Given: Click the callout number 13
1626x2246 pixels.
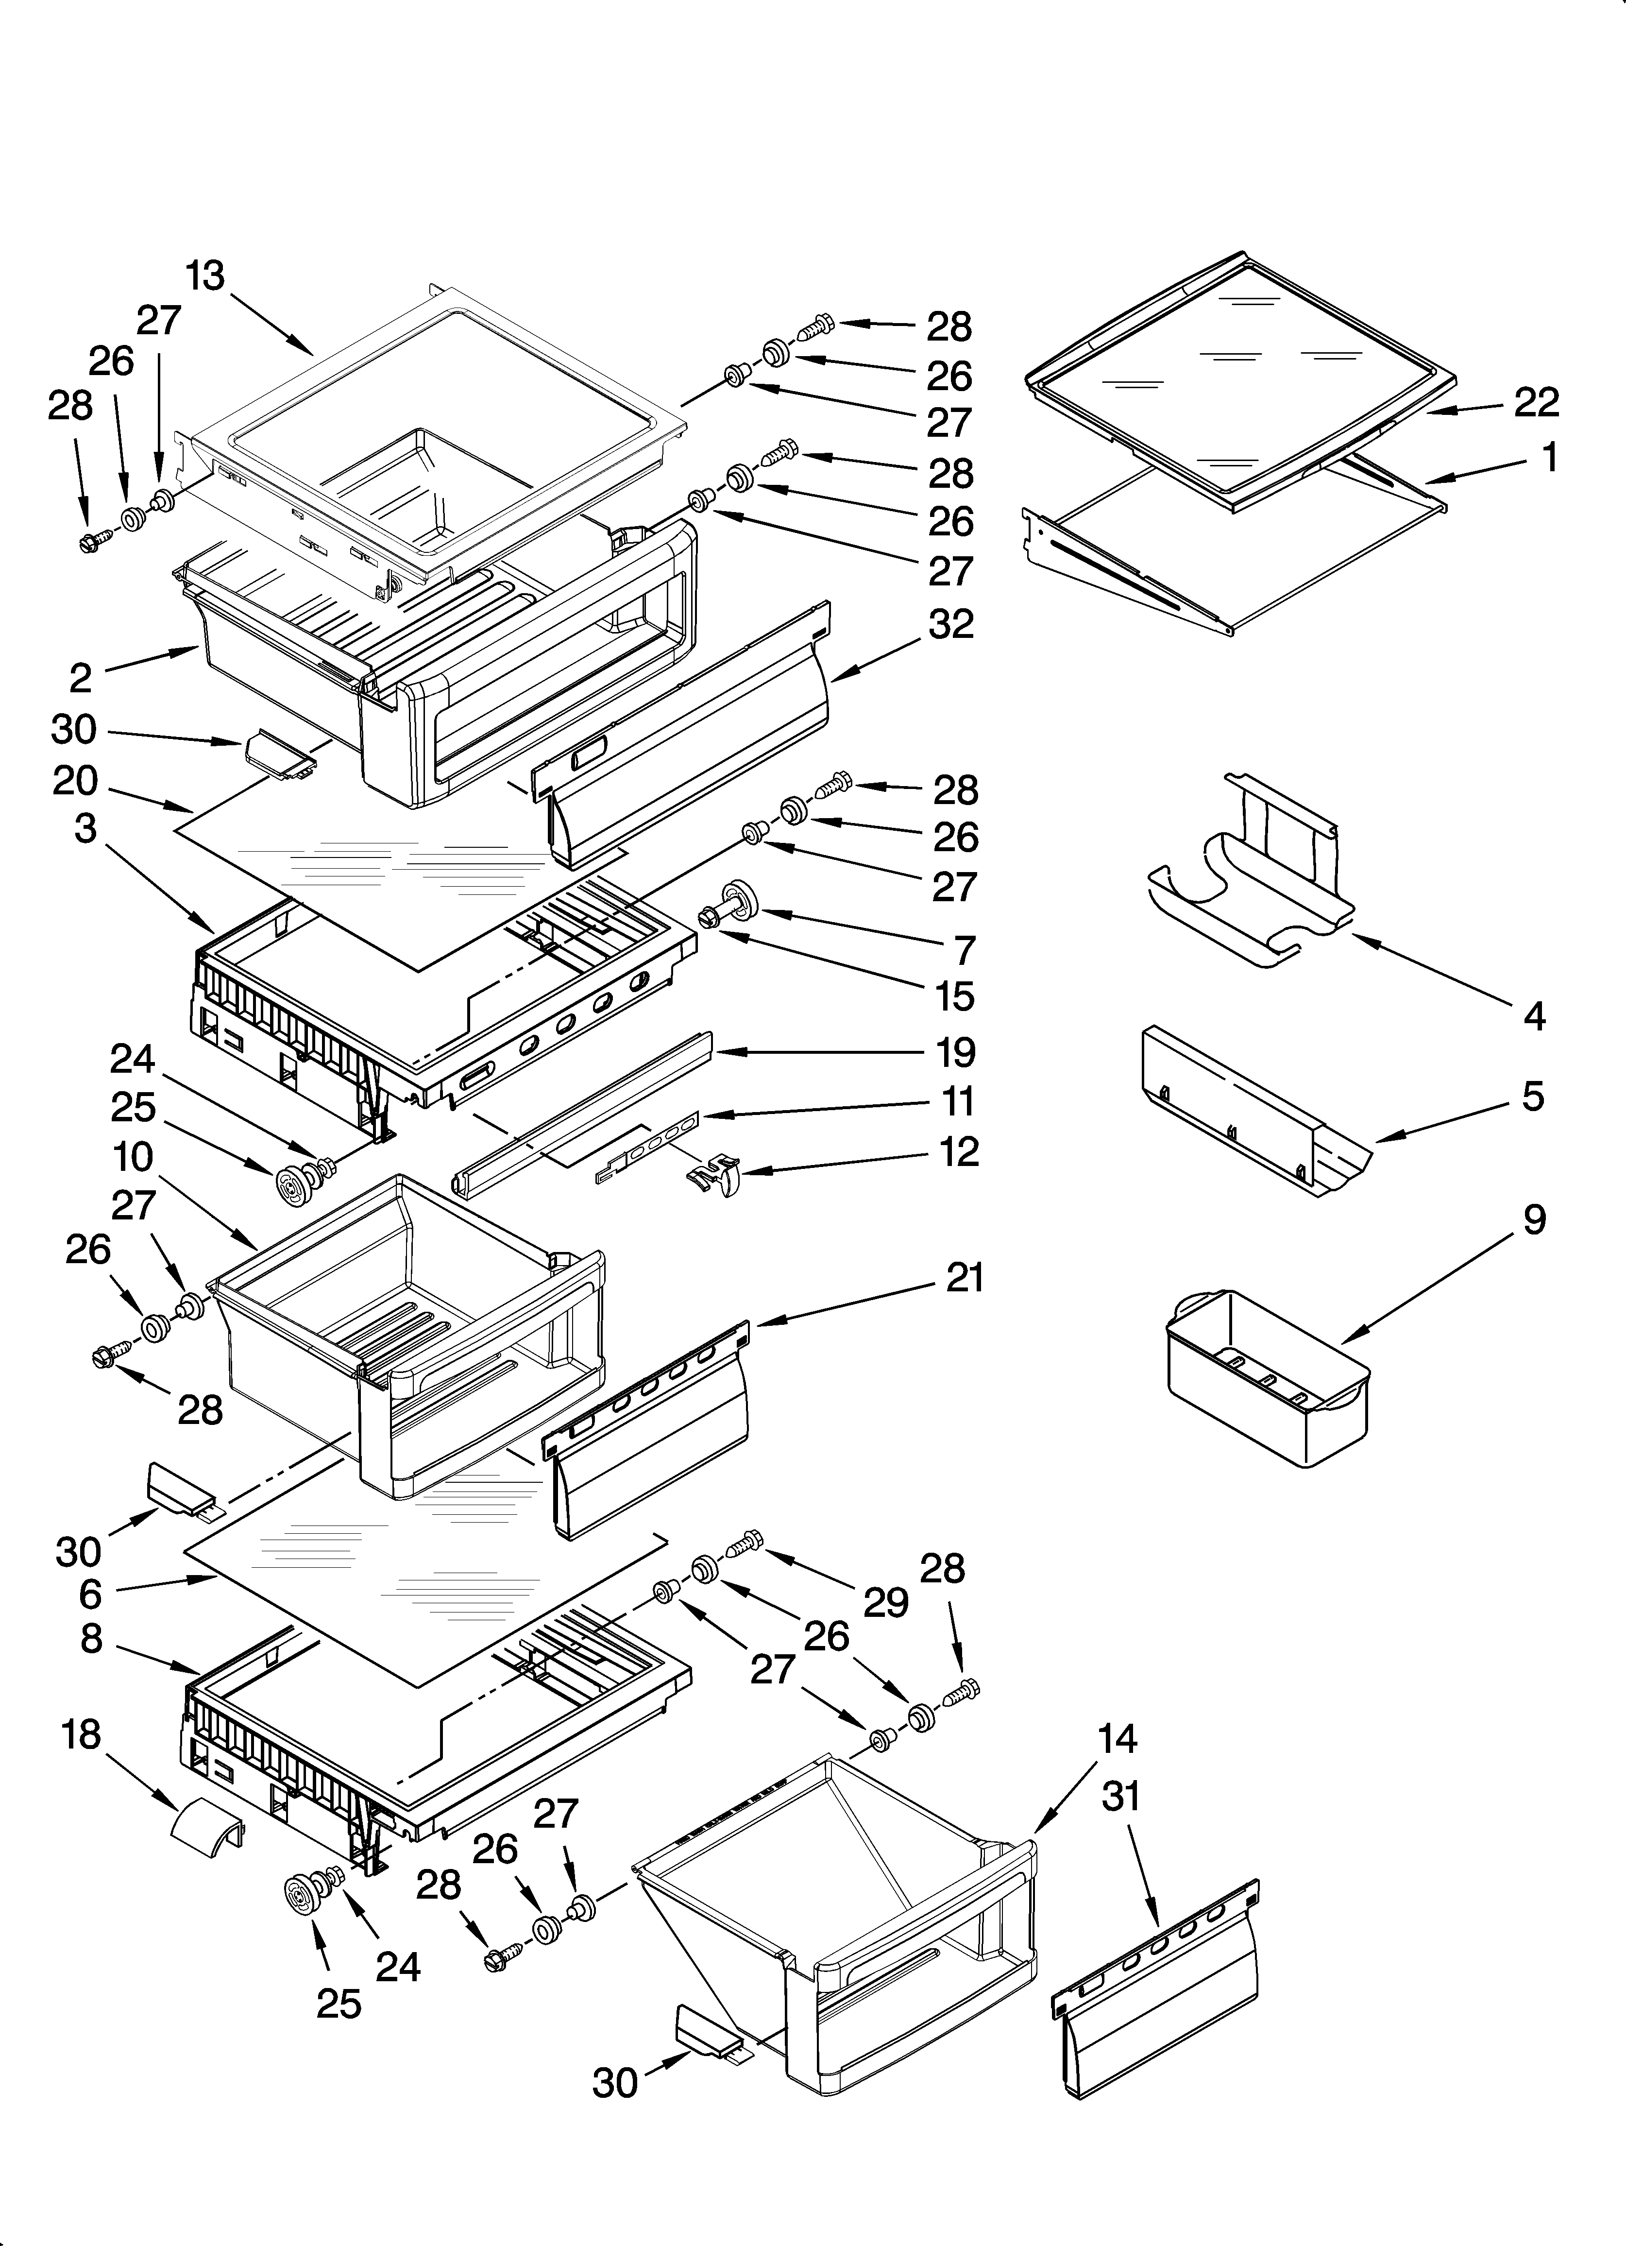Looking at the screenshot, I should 205,276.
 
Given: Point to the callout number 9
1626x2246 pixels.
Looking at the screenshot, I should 1534,1219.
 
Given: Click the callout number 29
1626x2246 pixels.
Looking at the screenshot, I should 884,1599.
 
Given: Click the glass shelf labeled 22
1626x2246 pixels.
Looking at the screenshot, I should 1238,381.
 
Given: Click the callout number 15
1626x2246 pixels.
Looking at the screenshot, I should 955,996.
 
